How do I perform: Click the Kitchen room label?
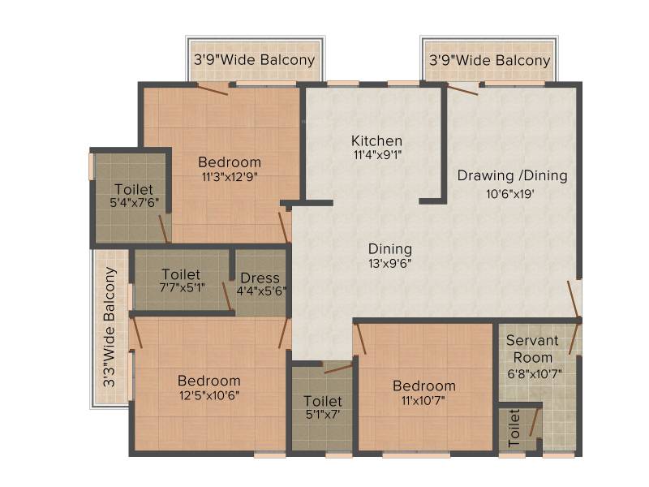click(376, 140)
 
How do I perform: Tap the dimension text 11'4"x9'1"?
click(377, 155)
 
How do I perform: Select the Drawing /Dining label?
click(513, 175)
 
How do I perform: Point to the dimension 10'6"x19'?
click(510, 193)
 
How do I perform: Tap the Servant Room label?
click(533, 349)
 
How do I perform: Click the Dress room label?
click(260, 278)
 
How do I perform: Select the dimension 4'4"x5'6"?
click(261, 291)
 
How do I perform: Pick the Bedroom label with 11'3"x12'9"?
click(230, 162)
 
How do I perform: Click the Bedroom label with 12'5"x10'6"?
click(209, 381)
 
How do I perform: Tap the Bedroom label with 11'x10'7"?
click(424, 386)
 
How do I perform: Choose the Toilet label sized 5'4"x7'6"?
click(134, 190)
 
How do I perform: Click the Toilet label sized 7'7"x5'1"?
click(181, 274)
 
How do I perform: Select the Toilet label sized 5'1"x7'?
click(323, 401)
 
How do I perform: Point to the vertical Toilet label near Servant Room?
click(514, 428)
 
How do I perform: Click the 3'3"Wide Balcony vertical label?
click(110, 327)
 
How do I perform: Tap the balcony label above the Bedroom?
click(255, 60)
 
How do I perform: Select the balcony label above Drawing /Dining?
click(490, 60)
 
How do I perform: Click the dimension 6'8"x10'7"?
click(535, 374)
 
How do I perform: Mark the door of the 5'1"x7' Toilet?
click(338, 368)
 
